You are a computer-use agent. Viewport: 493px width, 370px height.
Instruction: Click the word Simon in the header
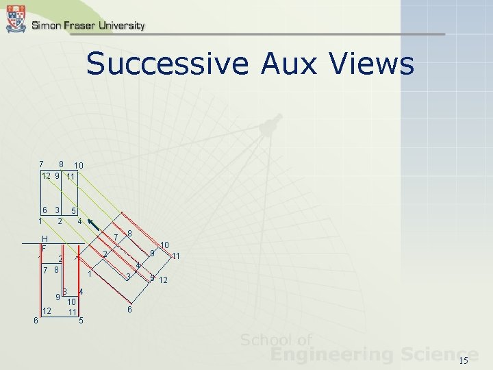pos(45,25)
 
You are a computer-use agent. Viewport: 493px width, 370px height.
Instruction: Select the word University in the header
pos(121,25)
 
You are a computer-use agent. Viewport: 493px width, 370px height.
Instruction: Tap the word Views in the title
pos(372,64)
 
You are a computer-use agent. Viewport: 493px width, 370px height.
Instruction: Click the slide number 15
pos(463,360)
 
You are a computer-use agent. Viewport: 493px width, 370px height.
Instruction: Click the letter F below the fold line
pos(43,247)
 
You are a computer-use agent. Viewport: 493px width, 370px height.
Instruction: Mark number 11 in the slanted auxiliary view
pos(176,256)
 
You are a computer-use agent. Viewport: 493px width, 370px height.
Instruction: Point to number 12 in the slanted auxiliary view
pos(164,280)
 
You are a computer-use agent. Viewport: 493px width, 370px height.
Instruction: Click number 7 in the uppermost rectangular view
pos(41,164)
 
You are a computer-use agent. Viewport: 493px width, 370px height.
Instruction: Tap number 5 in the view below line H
pos(81,320)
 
